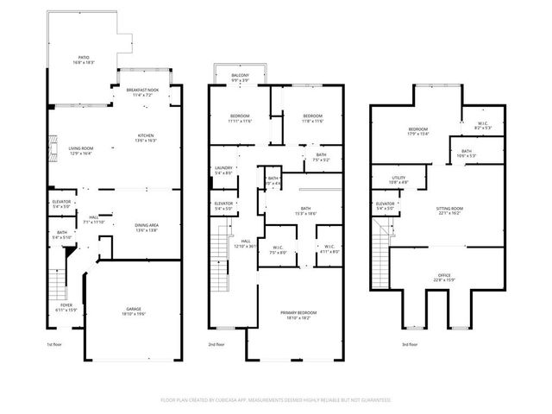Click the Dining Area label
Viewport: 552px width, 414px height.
146,228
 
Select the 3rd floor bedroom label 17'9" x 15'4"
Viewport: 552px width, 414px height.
418,132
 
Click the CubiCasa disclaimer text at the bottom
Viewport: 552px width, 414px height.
276,400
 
